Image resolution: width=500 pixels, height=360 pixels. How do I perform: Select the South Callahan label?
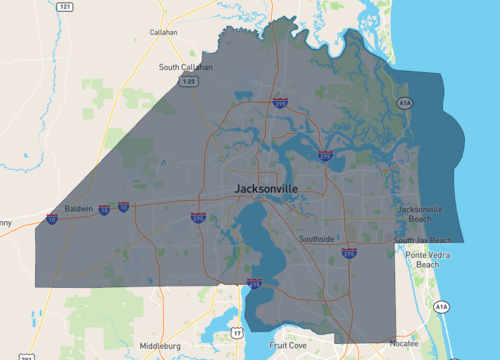[x=185, y=68]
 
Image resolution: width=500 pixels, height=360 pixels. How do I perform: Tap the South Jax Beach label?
[x=422, y=241]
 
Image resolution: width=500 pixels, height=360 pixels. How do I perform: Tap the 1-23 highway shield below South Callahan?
[x=187, y=82]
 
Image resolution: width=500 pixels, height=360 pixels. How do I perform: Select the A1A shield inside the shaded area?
[x=404, y=102]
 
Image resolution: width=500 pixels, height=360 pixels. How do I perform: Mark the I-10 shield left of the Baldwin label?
[x=51, y=217]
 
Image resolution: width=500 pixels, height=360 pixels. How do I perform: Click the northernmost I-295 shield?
[x=280, y=102]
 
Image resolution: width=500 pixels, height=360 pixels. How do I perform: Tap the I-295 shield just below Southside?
[x=347, y=254]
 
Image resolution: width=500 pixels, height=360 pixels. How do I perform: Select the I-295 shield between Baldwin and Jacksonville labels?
[x=198, y=217]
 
